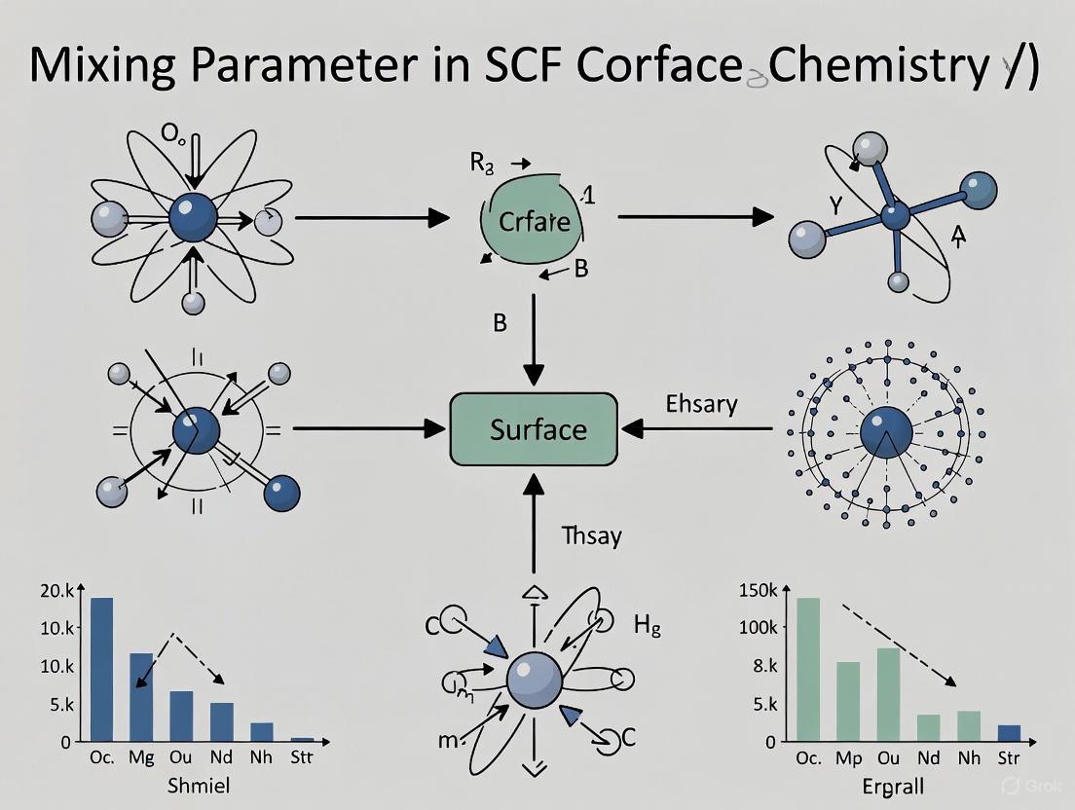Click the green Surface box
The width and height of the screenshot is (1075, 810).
click(535, 428)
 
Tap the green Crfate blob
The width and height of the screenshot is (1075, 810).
click(533, 222)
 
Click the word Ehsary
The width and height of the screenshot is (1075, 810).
click(702, 404)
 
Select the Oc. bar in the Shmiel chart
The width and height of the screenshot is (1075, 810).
click(101, 669)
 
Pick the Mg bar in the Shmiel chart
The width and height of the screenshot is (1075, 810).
click(142, 696)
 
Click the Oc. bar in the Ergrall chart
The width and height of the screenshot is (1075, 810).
click(808, 669)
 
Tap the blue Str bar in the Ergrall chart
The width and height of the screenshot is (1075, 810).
click(1010, 732)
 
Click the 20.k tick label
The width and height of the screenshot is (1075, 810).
click(56, 591)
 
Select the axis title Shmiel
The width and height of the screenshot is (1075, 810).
click(198, 785)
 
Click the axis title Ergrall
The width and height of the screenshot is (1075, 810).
click(892, 785)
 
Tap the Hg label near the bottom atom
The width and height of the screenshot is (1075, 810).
click(648, 626)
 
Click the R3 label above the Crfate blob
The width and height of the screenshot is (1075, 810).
click(483, 164)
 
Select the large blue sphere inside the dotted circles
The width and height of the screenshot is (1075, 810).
click(886, 429)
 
